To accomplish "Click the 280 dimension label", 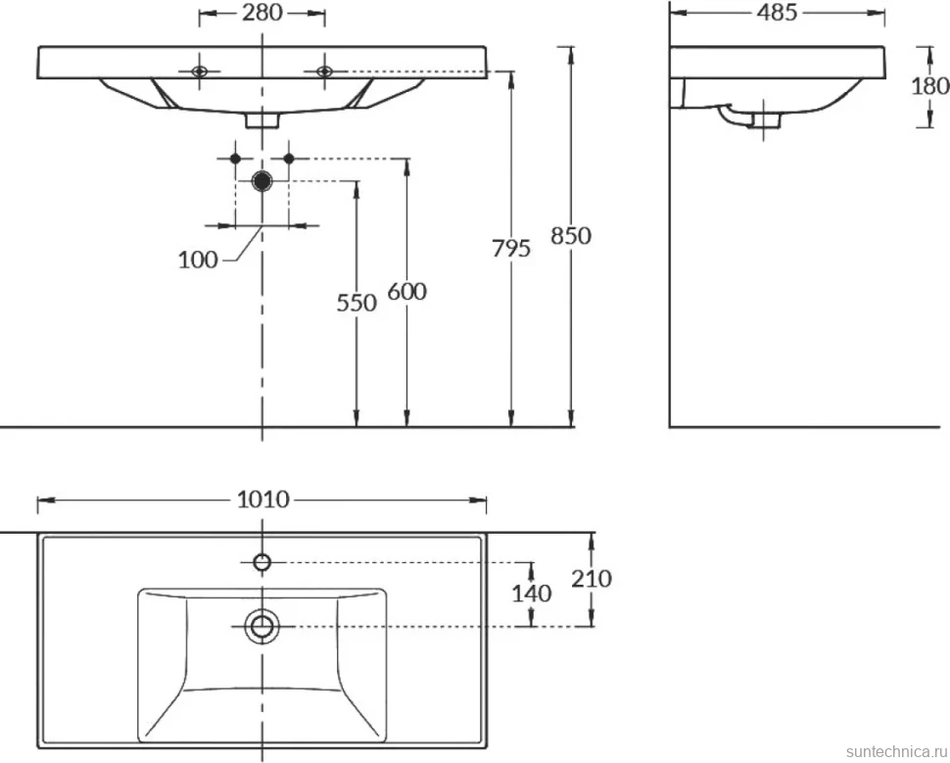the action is (262, 12).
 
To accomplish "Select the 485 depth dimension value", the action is (778, 12).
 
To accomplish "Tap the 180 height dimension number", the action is (930, 86).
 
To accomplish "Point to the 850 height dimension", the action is (571, 236).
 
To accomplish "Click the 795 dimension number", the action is (511, 249).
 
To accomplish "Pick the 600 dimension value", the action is (407, 292).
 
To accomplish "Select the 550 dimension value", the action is (356, 303).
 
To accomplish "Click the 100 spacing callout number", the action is (198, 260).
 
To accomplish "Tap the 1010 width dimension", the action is (262, 500).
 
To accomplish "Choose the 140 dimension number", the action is (532, 594).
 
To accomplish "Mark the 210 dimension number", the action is (592, 580).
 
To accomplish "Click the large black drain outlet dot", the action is (261, 180).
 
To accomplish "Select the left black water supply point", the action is (236, 159).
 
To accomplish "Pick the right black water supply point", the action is (289, 159).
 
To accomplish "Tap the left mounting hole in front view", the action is (200, 72).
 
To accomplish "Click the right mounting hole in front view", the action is (325, 72).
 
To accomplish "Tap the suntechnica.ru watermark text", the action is (897, 751).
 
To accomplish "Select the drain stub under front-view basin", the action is (261, 120).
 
